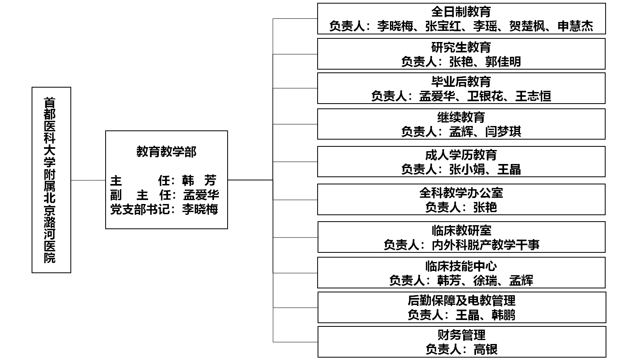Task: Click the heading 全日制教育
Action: tap(461, 12)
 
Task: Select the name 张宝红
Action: tap(443, 26)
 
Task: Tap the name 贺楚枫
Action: tap(527, 26)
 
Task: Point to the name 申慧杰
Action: tap(575, 26)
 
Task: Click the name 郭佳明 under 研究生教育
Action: tap(503, 62)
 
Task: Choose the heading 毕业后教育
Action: tap(461, 82)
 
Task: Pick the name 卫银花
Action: tap(485, 96)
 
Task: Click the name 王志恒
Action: tap(533, 96)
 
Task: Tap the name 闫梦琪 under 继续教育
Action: tap(503, 132)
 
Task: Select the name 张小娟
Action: tap(467, 170)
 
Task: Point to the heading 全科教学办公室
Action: tap(461, 193)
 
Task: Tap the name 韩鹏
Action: tap(503, 315)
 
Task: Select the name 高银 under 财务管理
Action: tap(486, 350)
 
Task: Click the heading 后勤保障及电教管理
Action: tap(462, 300)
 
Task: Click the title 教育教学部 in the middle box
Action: tap(166, 152)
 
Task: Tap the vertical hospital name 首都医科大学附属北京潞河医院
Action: tap(50, 180)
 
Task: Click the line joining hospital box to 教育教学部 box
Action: tap(88, 180)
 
